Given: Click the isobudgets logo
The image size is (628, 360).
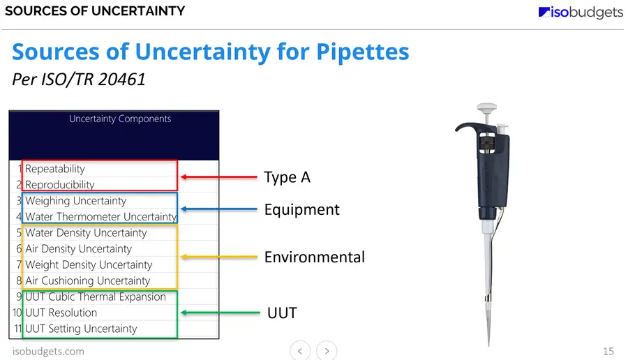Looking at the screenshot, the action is (x=581, y=12).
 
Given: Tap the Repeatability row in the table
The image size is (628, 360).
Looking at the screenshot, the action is (x=55, y=169).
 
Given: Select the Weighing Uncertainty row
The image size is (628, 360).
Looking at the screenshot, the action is (x=75, y=201).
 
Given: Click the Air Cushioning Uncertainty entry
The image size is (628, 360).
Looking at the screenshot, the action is (x=88, y=280).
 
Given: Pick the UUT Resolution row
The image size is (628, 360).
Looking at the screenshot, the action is (x=61, y=313).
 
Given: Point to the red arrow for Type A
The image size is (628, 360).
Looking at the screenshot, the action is (x=218, y=177).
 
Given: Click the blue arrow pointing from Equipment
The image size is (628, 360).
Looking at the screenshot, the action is (x=218, y=209).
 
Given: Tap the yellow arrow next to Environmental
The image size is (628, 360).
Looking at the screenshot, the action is (x=218, y=257).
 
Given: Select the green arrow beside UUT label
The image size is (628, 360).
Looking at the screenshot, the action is (x=220, y=313).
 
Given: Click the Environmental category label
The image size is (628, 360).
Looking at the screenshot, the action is (x=315, y=257).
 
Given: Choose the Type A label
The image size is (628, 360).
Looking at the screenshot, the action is (x=287, y=177).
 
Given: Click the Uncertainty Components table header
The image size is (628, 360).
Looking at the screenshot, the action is (x=120, y=119).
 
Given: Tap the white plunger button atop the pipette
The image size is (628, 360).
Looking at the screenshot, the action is (x=486, y=107).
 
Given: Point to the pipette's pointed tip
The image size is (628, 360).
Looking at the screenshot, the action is (x=488, y=345).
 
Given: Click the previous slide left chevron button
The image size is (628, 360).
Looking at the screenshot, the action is (x=300, y=351).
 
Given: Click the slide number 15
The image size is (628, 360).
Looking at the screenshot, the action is (x=608, y=351).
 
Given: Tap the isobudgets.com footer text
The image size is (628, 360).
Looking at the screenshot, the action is (x=48, y=351).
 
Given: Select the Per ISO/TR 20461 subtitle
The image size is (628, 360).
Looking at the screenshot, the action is (x=78, y=80).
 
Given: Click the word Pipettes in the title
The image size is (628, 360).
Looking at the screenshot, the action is (x=362, y=52).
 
